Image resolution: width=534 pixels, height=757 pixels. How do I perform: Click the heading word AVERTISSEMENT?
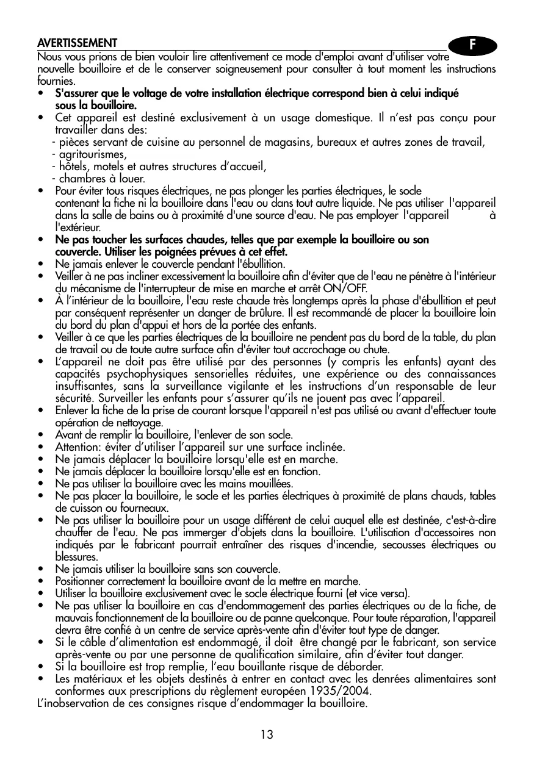[77, 43]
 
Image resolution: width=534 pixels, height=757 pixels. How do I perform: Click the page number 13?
[266, 734]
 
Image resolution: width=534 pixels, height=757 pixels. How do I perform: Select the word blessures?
[76, 557]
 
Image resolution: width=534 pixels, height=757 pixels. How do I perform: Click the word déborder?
[361, 667]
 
